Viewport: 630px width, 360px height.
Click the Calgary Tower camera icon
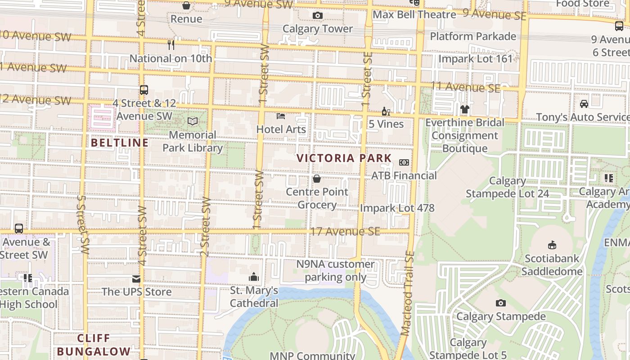[317, 16]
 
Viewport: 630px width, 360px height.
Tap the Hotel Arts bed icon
[281, 116]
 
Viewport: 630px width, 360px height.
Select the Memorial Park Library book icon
[193, 121]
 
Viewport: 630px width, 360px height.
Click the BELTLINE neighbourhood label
[120, 143]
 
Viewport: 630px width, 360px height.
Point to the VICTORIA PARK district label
[344, 158]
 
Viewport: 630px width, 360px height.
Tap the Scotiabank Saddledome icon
[552, 245]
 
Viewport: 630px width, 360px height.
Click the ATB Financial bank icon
[404, 162]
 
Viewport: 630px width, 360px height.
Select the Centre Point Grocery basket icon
[317, 179]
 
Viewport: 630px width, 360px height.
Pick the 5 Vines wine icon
[386, 111]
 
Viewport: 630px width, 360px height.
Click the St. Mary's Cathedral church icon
[254, 277]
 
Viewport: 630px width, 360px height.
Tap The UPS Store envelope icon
[136, 279]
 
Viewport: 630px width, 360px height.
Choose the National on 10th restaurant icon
[171, 45]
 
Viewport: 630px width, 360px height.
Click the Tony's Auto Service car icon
[584, 104]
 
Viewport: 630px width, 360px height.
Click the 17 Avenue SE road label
[345, 232]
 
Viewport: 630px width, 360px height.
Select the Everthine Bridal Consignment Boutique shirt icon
[464, 109]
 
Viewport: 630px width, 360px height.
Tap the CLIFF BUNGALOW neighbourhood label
[94, 345]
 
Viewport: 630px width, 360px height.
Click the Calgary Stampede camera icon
[500, 303]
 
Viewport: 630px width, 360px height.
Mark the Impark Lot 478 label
[397, 208]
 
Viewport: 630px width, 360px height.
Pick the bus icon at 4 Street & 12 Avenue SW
[144, 90]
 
